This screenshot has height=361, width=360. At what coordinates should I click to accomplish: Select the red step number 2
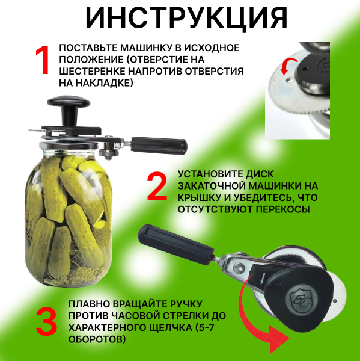tap(157, 189)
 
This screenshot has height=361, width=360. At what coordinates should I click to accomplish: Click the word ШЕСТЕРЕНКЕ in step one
tap(94, 70)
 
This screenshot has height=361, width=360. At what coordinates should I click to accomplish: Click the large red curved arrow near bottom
tap(258, 319)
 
